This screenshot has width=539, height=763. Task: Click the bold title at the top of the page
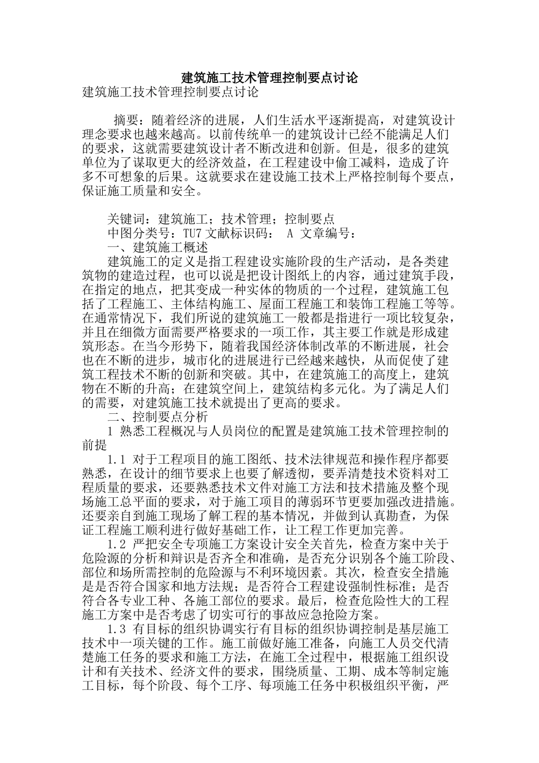[269, 78]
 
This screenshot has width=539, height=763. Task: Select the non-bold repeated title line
[170, 92]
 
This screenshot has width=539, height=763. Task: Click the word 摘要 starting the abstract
[127, 120]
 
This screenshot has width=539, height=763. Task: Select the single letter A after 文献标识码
[289, 233]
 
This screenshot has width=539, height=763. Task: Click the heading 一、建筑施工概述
[157, 248]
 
